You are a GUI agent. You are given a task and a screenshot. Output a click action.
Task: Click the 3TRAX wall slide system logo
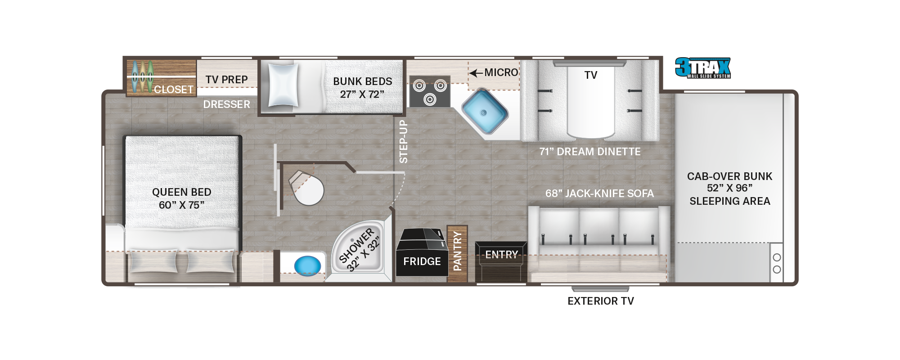tap(703, 68)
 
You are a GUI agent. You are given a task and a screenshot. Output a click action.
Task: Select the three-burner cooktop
tap(429, 91)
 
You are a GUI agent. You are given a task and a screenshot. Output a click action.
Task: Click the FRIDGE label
tap(422, 261)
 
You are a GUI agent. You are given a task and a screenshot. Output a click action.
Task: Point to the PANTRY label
tap(458, 251)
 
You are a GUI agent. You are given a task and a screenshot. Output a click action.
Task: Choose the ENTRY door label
tap(502, 255)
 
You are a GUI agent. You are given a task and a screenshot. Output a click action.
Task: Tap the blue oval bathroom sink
tap(307, 266)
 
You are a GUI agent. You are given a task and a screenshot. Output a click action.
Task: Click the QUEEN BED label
tap(182, 192)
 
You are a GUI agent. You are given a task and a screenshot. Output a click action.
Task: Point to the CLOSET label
tap(174, 90)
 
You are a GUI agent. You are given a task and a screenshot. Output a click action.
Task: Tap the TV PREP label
tap(227, 80)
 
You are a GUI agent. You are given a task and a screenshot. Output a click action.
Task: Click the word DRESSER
tap(227, 104)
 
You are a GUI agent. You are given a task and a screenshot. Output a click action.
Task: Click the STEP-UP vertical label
tap(404, 141)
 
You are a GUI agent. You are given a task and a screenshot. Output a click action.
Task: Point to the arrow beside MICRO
tap(476, 73)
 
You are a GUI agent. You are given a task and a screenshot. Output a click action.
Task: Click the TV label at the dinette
tap(591, 75)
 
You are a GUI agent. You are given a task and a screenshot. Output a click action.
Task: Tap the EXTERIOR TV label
tap(601, 301)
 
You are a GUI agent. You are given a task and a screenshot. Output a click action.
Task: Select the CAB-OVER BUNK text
tap(729, 176)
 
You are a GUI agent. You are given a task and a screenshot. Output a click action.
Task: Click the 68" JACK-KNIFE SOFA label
tap(599, 193)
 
